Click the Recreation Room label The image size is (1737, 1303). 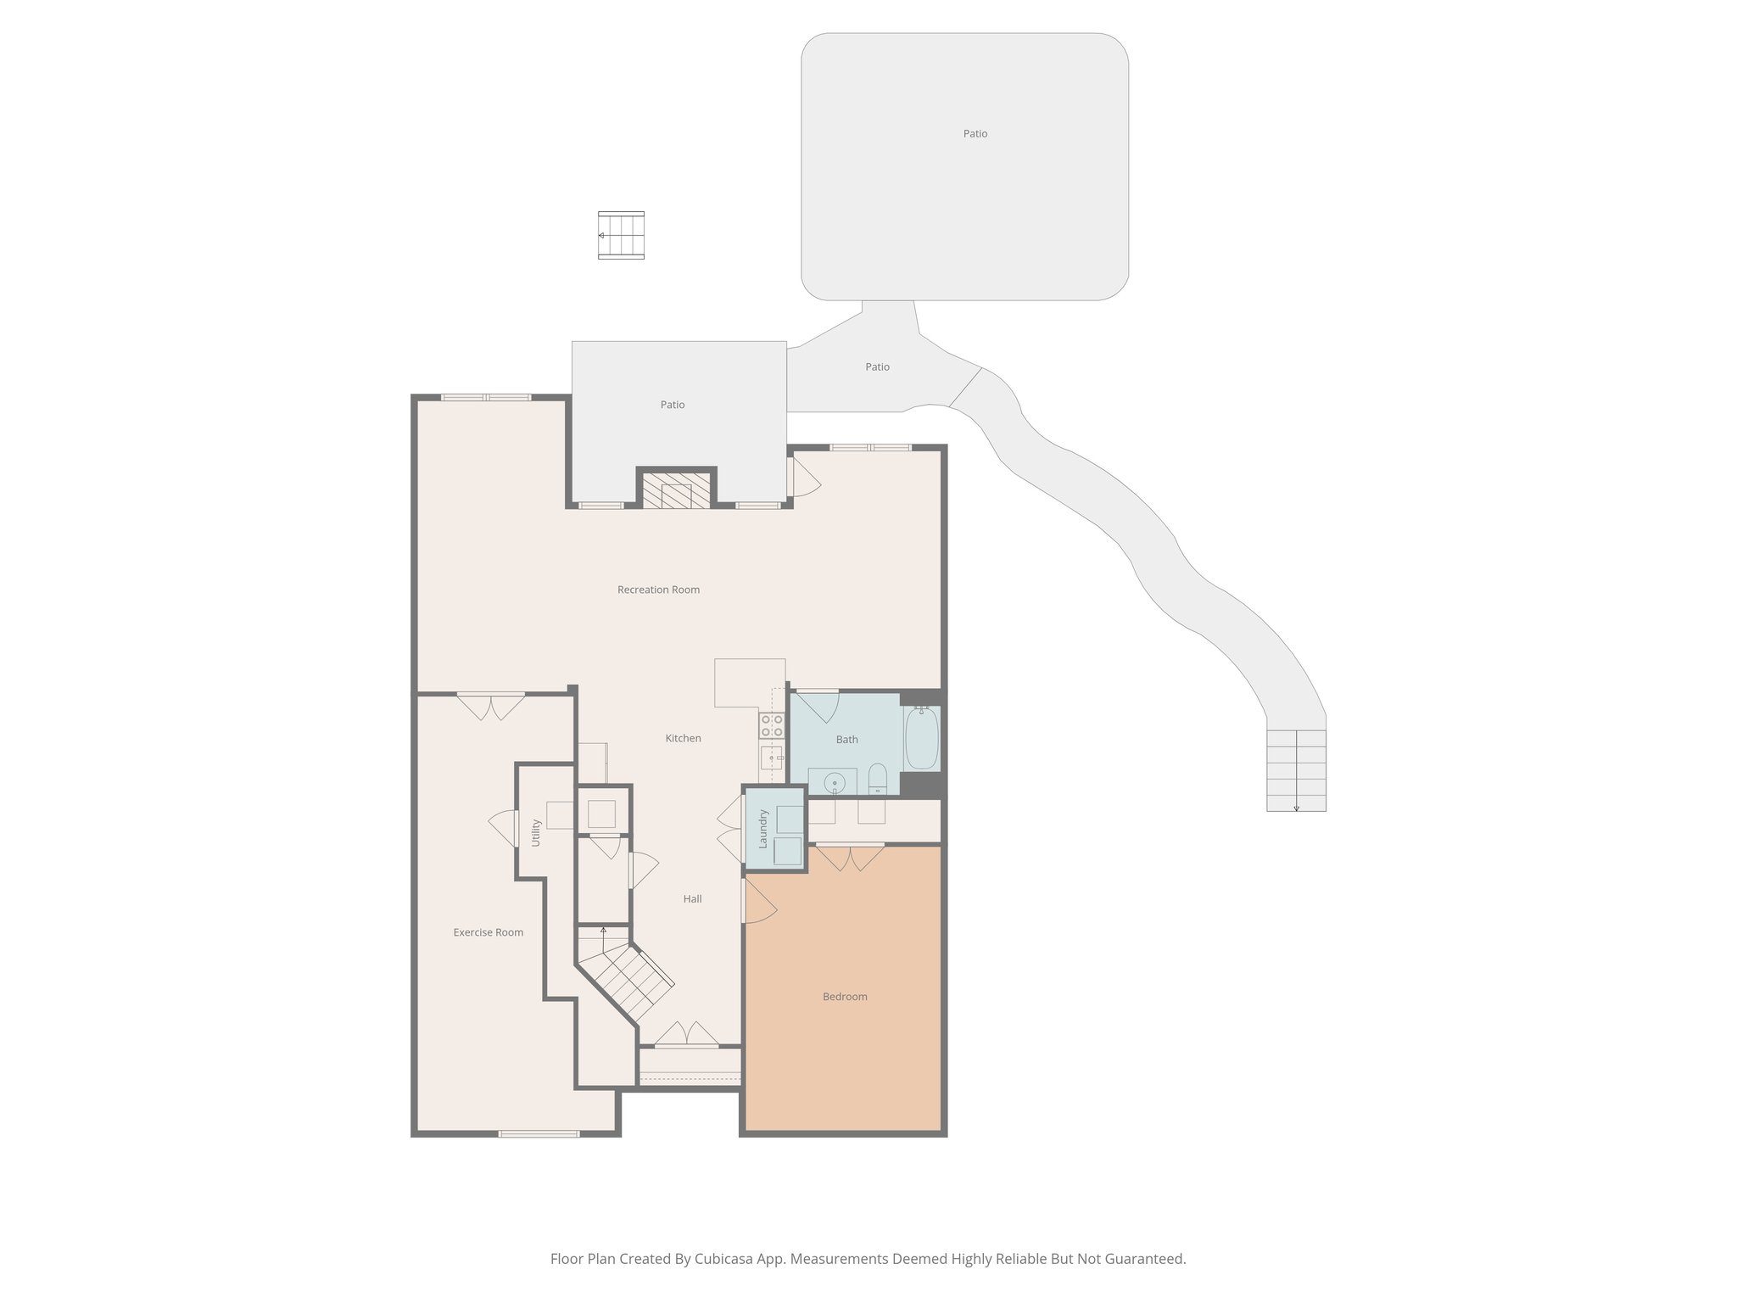(658, 590)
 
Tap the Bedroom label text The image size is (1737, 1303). (845, 997)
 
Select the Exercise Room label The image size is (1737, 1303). (488, 932)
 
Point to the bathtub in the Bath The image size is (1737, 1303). (921, 738)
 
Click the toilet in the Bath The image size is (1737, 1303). (878, 777)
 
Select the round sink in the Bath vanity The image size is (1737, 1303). (834, 782)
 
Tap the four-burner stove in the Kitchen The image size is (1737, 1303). (771, 725)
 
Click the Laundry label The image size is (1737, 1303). (763, 829)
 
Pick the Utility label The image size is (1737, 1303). (536, 832)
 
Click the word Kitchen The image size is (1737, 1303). (683, 738)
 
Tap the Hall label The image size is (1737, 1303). (692, 899)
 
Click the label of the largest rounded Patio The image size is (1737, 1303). (975, 134)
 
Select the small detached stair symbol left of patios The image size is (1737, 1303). (621, 235)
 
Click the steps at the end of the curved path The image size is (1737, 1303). (1296, 770)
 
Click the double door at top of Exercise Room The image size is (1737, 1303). (490, 706)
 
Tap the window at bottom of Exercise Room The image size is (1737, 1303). (539, 1133)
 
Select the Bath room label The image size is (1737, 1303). (846, 740)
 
